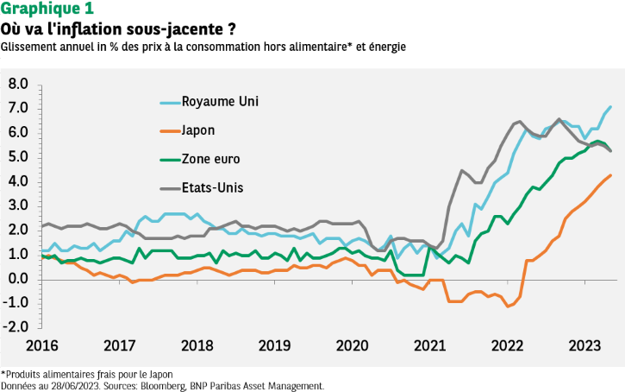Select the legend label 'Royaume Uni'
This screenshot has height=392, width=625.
click(x=220, y=101)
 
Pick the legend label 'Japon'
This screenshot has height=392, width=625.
click(x=198, y=130)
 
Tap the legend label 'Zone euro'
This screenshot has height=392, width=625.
click(x=210, y=159)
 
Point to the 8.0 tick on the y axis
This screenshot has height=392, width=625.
click(x=18, y=84)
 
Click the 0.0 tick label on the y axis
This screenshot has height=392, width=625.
click(x=18, y=279)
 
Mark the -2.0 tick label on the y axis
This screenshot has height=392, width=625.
click(x=16, y=328)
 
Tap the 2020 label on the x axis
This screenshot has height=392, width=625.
click(x=353, y=345)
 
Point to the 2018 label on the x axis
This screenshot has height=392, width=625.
click(x=197, y=345)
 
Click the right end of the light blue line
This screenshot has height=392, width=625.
click(x=610, y=107)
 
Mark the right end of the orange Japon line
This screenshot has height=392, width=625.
click(x=611, y=175)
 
